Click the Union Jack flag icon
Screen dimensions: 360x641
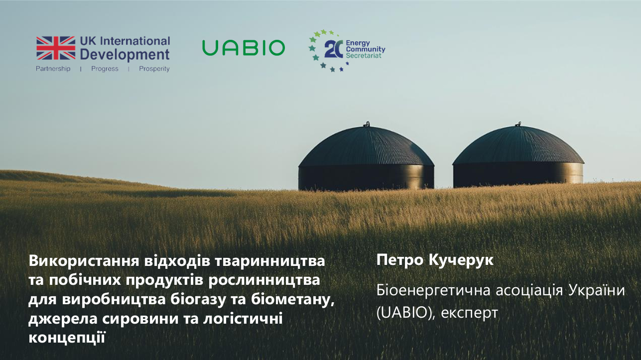(x=55, y=48)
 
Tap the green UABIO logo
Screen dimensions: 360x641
(x=244, y=48)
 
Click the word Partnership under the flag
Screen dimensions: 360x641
(x=53, y=69)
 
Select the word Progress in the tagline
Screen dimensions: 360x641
(x=105, y=69)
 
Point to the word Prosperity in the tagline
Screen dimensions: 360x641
(x=154, y=69)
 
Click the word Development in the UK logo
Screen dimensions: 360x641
(x=125, y=54)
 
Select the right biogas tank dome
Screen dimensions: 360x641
(x=518, y=147)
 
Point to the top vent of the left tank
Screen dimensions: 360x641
(x=367, y=123)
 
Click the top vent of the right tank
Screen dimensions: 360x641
(x=518, y=122)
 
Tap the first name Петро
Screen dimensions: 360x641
(x=396, y=259)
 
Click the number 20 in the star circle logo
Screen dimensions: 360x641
(x=333, y=49)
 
